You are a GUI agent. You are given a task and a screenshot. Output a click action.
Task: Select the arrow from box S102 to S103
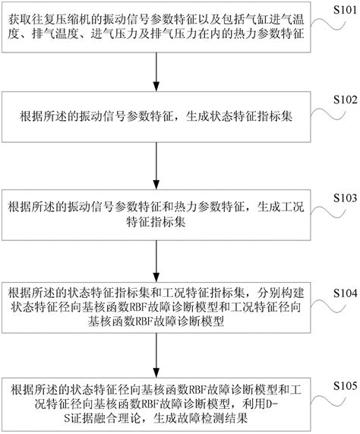coord(155,166)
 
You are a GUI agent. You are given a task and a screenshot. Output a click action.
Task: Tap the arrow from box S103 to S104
coord(155,259)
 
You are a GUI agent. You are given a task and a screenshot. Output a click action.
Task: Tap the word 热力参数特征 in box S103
coord(215,206)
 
